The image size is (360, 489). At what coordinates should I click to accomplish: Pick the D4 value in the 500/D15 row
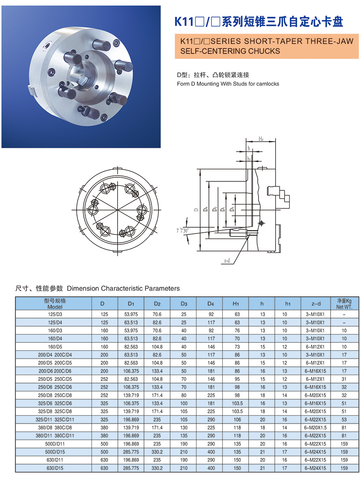[x=211, y=452]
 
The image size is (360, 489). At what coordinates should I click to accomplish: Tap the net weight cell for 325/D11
[x=344, y=419]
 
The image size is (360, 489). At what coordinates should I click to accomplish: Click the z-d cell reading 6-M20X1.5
[x=315, y=428]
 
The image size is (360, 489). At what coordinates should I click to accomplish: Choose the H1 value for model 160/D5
[x=237, y=347]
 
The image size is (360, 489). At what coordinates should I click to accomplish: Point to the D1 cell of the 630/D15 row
[x=131, y=468]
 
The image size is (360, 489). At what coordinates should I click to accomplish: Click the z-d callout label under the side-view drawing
[x=227, y=261]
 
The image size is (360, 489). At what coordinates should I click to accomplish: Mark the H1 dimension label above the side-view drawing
[x=261, y=140]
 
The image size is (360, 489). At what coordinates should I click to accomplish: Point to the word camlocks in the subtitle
[x=267, y=84]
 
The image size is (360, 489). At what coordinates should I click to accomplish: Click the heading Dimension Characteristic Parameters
[x=123, y=288]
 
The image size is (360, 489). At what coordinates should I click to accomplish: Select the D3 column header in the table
[x=184, y=304]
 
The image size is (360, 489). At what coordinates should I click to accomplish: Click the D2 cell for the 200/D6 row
[x=157, y=371]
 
